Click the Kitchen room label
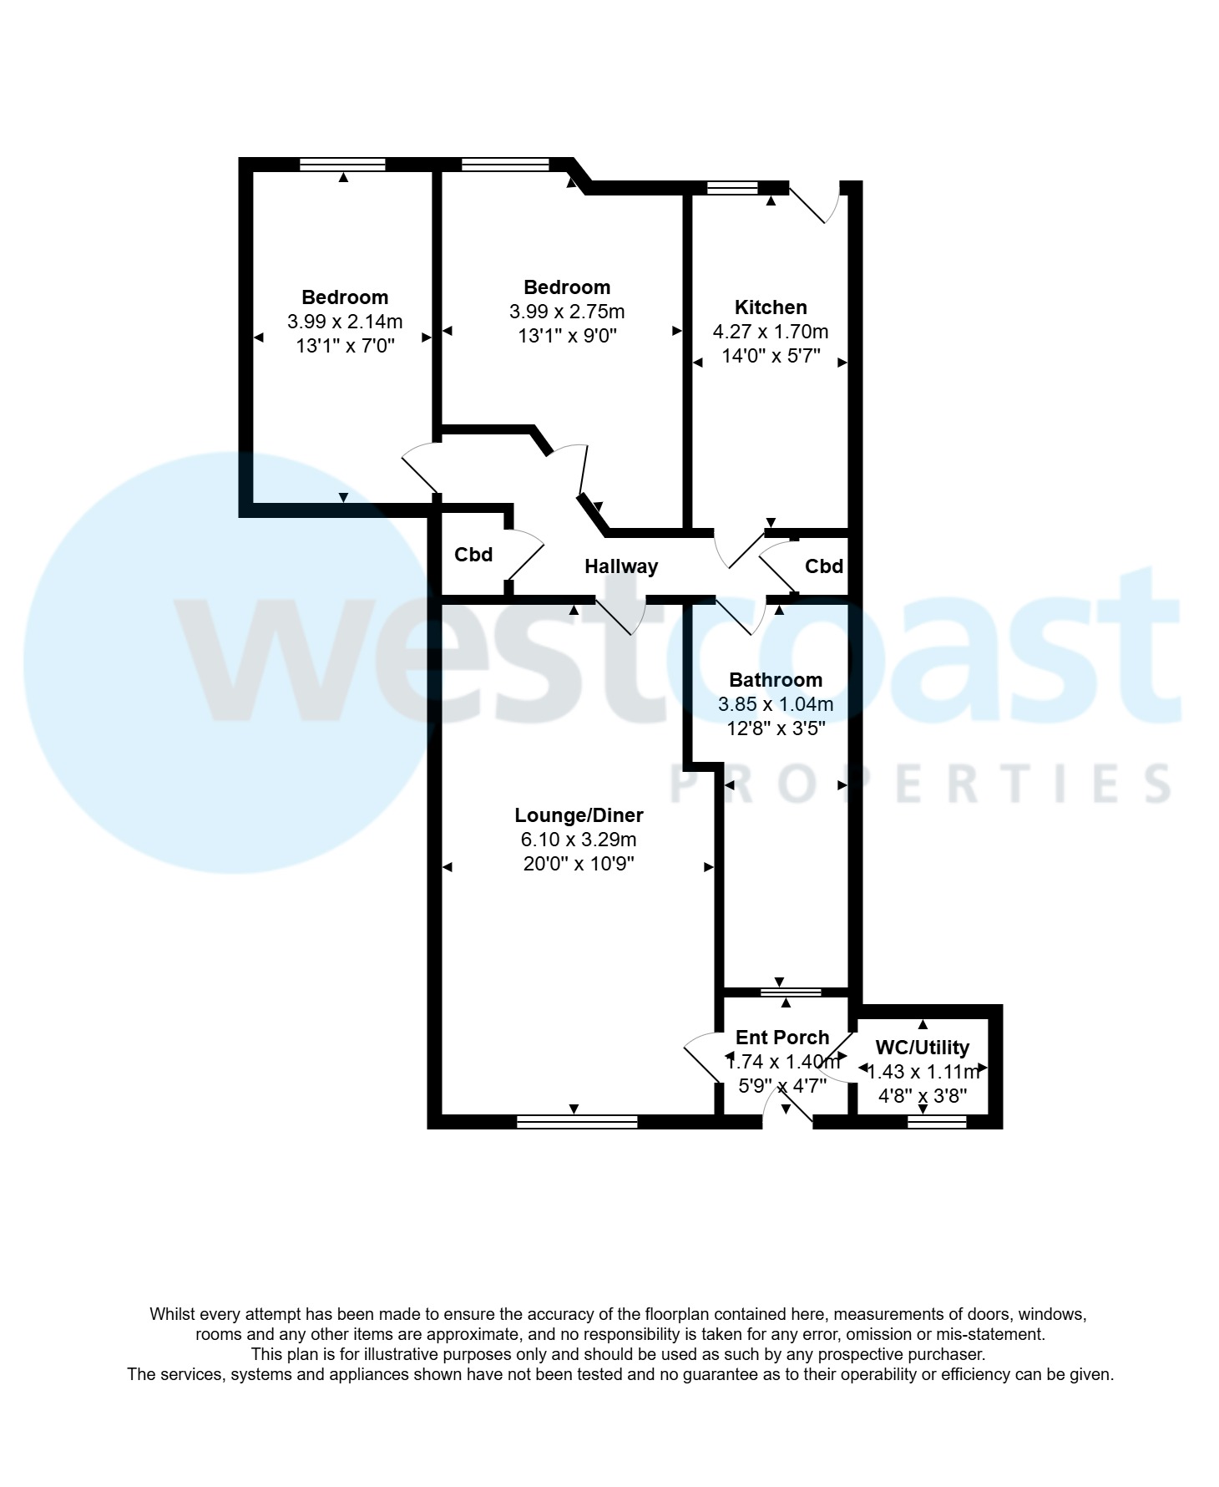pos(770,307)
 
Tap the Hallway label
pos(621,566)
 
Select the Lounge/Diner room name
pos(579,815)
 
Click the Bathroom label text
pos(776,680)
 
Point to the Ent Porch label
pos(782,1038)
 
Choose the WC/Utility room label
pos(923,1048)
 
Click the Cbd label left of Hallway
pos(473,555)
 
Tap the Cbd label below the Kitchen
pos(824,566)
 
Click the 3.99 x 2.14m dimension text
pos(345,322)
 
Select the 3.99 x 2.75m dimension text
pos(567,312)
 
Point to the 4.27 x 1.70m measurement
pos(771,332)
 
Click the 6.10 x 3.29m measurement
pos(579,840)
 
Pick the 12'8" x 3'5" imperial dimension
pos(776,728)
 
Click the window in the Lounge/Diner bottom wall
pos(577,1122)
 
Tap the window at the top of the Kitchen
pos(732,188)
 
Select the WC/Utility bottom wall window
pos(937,1122)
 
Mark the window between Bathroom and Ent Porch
pos(791,992)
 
